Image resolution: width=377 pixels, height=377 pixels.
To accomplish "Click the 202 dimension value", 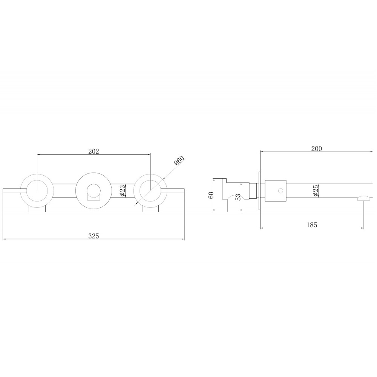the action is click(93, 151).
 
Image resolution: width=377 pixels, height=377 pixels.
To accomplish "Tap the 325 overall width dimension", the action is click(93, 236).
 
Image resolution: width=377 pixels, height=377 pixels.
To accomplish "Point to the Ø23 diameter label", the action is click(123, 190).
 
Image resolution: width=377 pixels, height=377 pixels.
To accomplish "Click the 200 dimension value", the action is click(316, 149).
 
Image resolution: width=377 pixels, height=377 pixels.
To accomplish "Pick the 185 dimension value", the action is click(312, 225).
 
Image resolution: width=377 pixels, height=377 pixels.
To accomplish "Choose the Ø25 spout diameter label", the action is click(316, 191).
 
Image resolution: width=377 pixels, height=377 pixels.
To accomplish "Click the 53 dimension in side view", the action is click(238, 197).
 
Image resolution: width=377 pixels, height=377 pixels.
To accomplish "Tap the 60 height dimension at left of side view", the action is click(211, 195).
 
